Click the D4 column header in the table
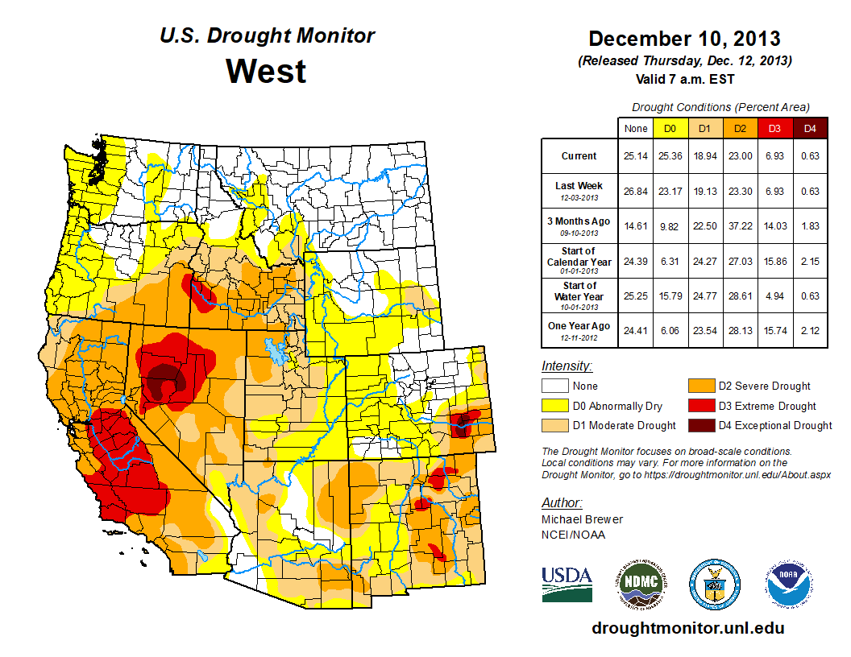(x=810, y=128)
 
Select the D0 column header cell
(x=670, y=128)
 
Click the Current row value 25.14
(x=635, y=155)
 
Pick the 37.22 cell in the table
(x=740, y=226)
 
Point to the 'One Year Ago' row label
(x=579, y=326)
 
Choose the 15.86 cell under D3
(x=775, y=262)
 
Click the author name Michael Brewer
(x=582, y=519)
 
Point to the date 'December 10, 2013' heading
(x=684, y=38)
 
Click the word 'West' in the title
(x=266, y=71)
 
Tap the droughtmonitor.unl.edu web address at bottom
(x=687, y=628)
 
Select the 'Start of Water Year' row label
(x=579, y=291)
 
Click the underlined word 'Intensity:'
(x=567, y=366)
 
